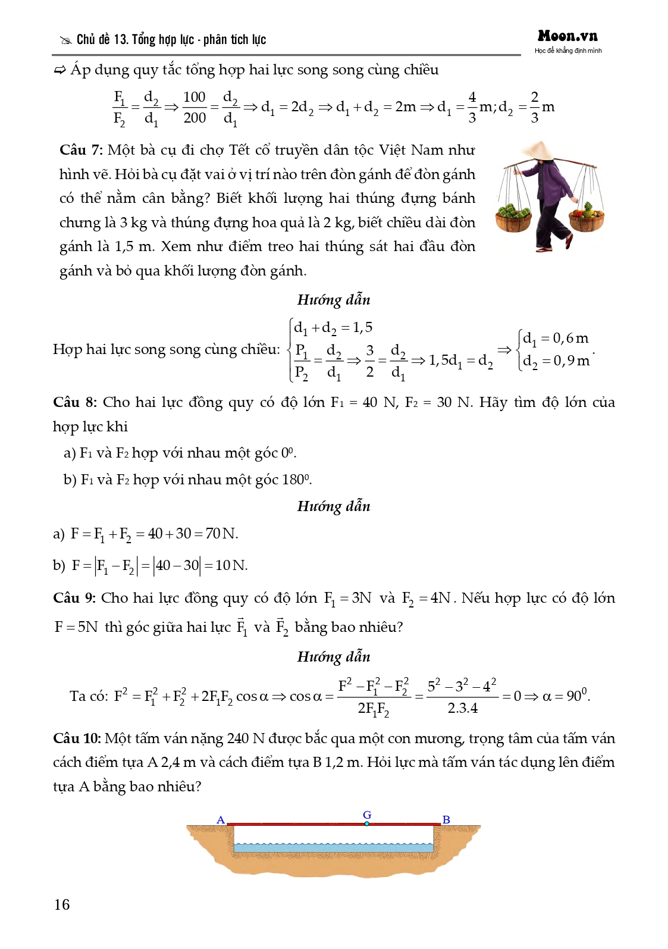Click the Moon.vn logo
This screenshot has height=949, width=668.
[567, 36]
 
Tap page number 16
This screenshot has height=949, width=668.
[62, 904]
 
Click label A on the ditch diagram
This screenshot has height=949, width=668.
[221, 820]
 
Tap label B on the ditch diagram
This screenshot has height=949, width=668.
[446, 820]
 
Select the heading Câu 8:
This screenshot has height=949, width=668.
[74, 402]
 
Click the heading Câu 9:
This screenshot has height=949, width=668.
[74, 598]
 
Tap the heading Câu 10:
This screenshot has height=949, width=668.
[77, 738]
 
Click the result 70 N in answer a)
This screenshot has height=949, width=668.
[221, 534]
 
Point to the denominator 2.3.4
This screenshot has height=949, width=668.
[462, 708]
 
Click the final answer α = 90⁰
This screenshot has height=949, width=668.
[566, 696]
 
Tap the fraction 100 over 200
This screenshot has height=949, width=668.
[195, 107]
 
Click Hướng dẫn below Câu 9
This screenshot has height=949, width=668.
[334, 657]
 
